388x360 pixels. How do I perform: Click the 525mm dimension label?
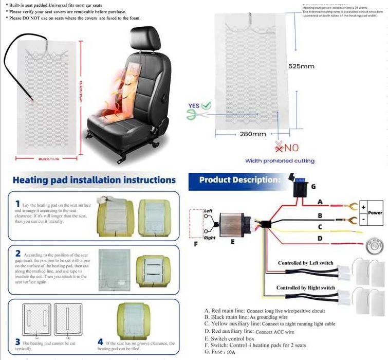click(x=301, y=66)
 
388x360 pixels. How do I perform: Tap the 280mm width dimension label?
click(x=253, y=134)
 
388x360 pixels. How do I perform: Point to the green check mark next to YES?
click(x=206, y=105)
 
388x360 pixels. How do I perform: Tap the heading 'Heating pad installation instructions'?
click(x=94, y=180)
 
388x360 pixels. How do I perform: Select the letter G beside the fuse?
click(x=313, y=186)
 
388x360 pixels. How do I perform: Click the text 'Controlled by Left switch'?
click(x=305, y=263)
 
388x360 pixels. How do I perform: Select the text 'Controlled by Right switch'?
click(x=305, y=287)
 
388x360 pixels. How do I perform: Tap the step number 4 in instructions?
click(x=100, y=342)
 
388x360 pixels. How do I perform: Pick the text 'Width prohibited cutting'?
click(x=280, y=161)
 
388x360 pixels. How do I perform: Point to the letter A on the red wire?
click(x=320, y=202)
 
